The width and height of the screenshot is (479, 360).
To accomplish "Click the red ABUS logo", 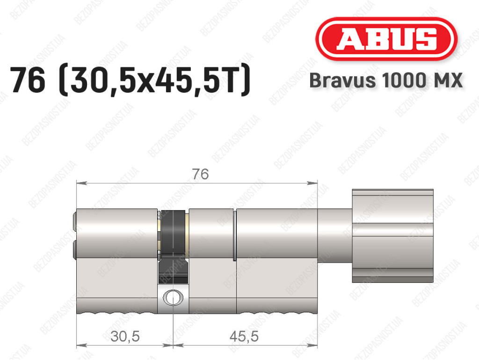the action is point(386,39).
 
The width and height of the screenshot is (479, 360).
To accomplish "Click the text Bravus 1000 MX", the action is point(386,81).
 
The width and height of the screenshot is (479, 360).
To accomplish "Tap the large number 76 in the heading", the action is point(28,80).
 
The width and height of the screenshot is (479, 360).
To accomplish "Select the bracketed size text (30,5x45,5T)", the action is point(154,81).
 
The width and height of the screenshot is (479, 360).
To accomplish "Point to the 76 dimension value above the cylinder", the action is point(200,174).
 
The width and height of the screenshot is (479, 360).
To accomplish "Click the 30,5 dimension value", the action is point(125,336).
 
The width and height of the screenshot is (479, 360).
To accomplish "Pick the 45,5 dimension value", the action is point(244,336).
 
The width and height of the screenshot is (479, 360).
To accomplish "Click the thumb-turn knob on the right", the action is point(392,235).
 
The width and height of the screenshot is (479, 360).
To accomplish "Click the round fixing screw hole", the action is point(173,298).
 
